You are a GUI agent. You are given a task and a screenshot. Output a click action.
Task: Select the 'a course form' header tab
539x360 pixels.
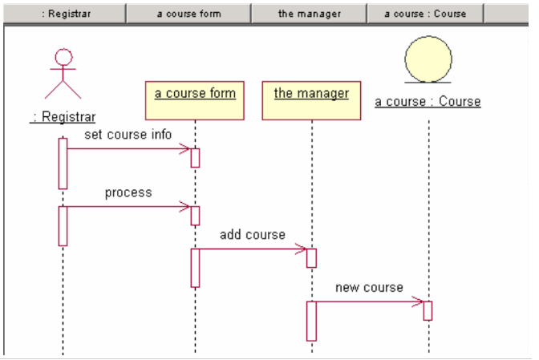tap(188, 13)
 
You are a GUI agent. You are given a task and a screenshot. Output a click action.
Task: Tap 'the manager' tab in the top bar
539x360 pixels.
tap(309, 13)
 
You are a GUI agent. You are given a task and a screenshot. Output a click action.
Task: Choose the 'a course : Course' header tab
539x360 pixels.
tap(425, 13)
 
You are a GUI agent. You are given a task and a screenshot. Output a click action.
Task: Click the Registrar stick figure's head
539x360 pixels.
tap(63, 58)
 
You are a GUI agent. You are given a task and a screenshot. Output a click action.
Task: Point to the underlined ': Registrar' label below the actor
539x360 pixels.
tap(63, 117)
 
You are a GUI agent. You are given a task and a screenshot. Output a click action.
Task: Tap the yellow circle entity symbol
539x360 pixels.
tap(428, 59)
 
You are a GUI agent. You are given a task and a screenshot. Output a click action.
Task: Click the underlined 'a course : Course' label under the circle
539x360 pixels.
tap(428, 102)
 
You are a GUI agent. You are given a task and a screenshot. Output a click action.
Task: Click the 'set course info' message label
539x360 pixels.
tap(128, 134)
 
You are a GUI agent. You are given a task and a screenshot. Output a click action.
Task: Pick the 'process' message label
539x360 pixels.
tap(128, 192)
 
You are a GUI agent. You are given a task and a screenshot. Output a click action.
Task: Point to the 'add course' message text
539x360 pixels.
tap(253, 235)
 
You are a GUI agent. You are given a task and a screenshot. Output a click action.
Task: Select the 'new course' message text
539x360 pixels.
tap(369, 287)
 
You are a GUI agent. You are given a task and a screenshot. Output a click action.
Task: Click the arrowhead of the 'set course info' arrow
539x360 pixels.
tap(186, 148)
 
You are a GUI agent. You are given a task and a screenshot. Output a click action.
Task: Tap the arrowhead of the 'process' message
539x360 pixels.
tap(186, 207)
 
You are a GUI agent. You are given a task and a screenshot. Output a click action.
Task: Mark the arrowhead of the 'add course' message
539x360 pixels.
tap(302, 249)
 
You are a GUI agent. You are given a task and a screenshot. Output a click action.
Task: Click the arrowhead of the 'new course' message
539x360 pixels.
tap(419, 301)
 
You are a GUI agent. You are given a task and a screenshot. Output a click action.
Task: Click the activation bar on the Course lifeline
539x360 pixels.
tap(428, 310)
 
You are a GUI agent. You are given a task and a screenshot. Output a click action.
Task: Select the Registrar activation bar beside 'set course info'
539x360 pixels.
tap(63, 163)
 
